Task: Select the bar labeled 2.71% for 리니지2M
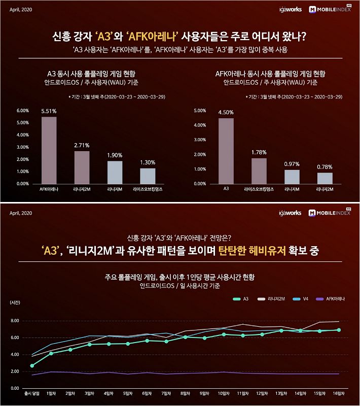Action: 82,167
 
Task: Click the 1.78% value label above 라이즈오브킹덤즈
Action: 259,152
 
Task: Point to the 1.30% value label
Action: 148,162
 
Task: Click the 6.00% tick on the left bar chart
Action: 23,110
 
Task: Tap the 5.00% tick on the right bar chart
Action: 200,110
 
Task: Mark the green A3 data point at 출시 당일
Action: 32,365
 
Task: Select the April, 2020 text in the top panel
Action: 21,9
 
